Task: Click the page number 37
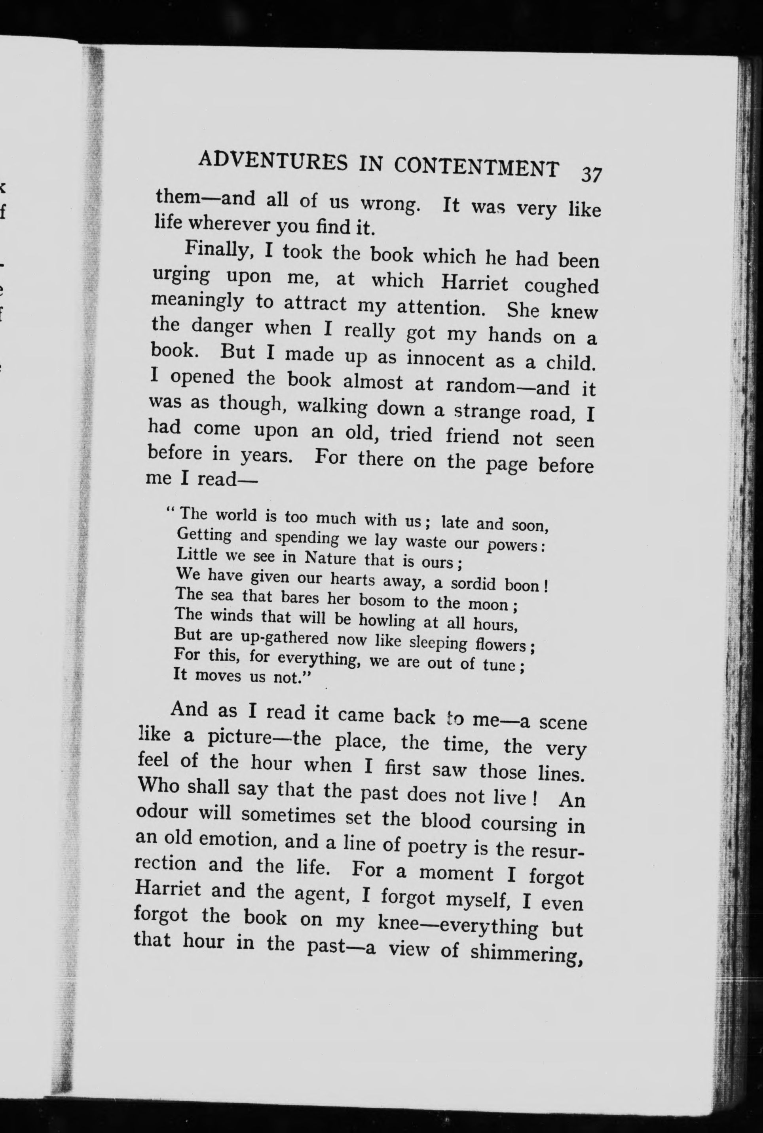591,174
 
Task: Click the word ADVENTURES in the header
273,161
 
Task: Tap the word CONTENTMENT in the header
476,167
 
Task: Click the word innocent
446,359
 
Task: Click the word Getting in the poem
204,535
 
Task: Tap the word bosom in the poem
381,600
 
